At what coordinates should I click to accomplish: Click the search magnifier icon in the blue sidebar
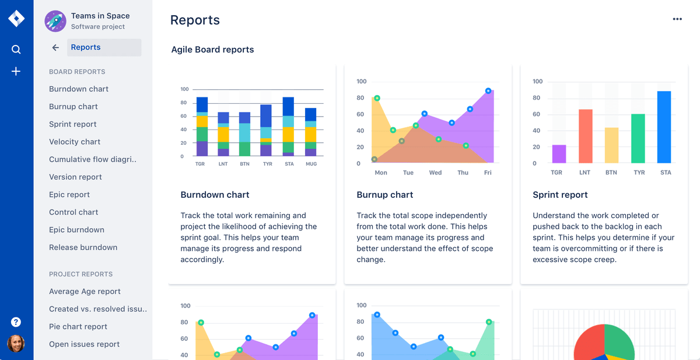16,50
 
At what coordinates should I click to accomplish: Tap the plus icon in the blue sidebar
16,71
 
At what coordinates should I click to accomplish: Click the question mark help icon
16,322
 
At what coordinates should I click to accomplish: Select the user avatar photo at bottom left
16,344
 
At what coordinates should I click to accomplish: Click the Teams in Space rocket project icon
55,21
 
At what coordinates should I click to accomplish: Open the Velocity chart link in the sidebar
75,142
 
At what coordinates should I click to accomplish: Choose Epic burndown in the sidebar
76,230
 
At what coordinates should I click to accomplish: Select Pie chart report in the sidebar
78,327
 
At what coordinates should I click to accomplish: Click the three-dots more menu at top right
677,19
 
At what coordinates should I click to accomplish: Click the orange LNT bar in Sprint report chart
586,136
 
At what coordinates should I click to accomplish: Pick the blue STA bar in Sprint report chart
664,127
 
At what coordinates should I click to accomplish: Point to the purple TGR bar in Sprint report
559,154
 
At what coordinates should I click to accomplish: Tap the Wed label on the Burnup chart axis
435,173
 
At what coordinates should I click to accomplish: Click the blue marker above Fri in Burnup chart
488,91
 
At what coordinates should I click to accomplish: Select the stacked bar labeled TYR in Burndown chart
266,130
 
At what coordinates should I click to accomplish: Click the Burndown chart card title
215,195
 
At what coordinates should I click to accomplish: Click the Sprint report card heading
560,195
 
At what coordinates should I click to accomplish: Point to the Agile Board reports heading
212,50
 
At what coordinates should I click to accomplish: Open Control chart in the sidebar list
73,212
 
